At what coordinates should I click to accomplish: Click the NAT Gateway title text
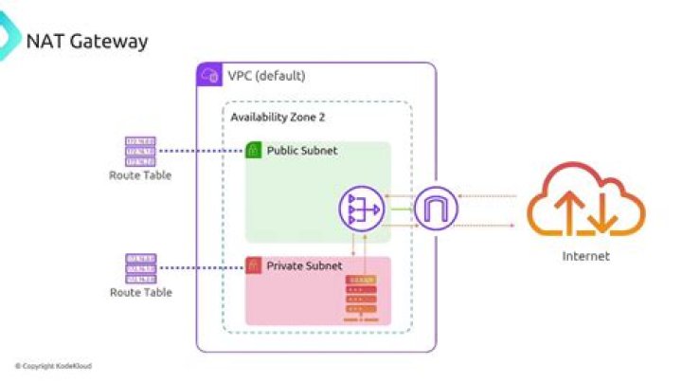(87, 42)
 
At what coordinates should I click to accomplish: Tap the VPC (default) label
(266, 76)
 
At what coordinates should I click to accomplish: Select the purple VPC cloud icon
(208, 75)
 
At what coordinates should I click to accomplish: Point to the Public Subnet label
(301, 151)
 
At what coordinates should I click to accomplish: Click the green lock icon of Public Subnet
(253, 151)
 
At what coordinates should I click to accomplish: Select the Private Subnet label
(304, 266)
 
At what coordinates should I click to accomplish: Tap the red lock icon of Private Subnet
(253, 266)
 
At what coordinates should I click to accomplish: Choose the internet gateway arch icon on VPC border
(435, 210)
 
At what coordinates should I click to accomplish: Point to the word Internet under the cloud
(585, 256)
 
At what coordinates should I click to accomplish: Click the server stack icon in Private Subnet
(360, 296)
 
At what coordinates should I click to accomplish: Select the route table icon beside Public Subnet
(140, 151)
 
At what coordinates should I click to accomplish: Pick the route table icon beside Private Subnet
(140, 267)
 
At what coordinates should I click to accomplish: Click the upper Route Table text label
(140, 175)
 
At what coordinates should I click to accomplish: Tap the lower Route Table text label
(140, 292)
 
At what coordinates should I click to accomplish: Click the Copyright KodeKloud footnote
(53, 366)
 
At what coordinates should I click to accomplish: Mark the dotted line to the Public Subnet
(199, 151)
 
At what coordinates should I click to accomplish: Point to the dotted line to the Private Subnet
(199, 267)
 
